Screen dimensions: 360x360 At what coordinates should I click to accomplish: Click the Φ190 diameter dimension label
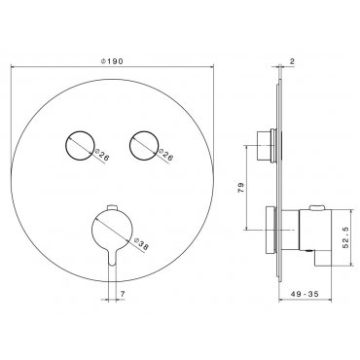tap(112, 60)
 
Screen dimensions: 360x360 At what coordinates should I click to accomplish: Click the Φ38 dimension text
tap(141, 244)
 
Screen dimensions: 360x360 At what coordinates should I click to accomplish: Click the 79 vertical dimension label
tap(240, 188)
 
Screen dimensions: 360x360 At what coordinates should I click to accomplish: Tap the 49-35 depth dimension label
tap(305, 294)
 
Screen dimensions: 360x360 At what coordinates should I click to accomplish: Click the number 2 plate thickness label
tap(292, 61)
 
